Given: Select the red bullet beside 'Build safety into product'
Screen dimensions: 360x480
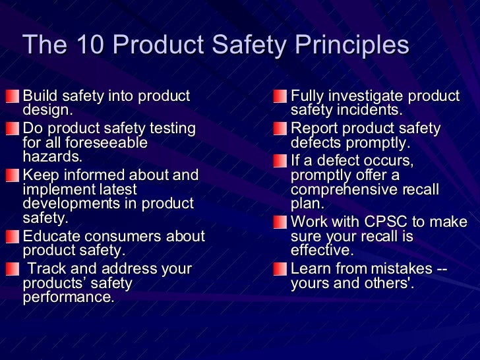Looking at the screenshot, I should [13, 97].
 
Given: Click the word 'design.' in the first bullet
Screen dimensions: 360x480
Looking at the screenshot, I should [48, 109].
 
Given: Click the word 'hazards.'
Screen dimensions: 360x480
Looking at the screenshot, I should [53, 156].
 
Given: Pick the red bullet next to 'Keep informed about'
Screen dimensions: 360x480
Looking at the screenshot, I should [13, 176].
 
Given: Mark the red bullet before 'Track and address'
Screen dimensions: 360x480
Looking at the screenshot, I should [13, 270].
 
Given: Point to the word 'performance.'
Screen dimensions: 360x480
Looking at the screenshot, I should [69, 297].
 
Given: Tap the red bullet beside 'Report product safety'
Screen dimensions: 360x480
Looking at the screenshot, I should [280, 129].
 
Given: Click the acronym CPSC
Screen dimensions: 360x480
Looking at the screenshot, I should [388, 222].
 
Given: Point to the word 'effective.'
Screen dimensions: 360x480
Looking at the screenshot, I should [322, 250].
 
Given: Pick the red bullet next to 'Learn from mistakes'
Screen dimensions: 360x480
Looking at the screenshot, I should [280, 270].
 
